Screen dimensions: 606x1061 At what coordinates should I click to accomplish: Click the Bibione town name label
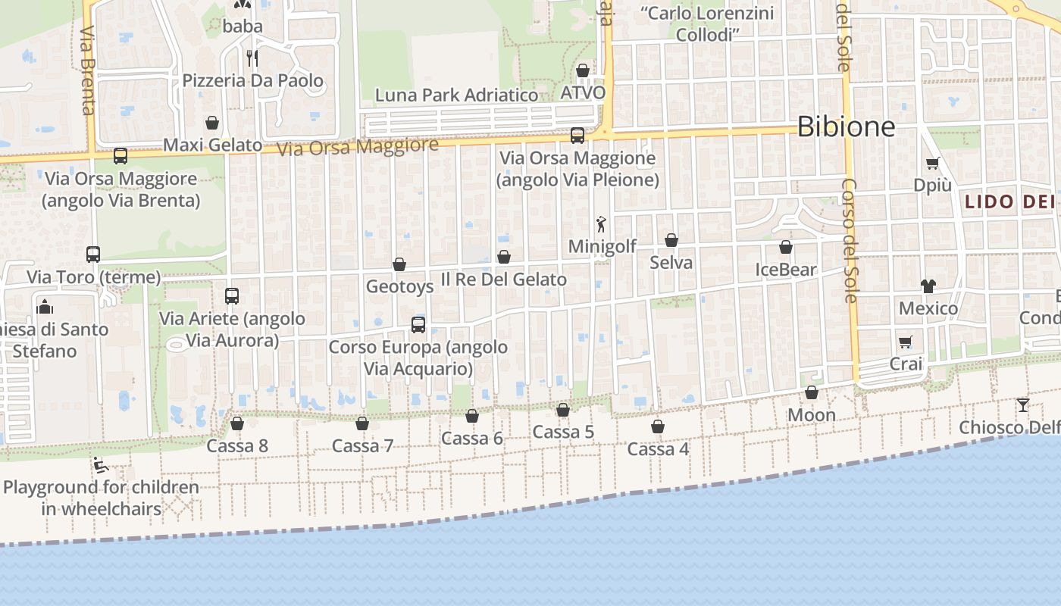point(847,127)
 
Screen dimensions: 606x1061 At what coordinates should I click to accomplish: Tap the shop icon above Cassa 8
point(237,423)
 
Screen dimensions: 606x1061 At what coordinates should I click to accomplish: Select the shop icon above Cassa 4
point(658,427)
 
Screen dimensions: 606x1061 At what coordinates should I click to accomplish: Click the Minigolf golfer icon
point(602,224)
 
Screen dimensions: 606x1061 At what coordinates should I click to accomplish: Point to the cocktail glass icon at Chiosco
point(1023,405)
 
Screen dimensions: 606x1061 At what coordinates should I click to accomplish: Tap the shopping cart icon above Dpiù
point(932,164)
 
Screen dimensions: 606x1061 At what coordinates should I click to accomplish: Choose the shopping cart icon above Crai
point(905,342)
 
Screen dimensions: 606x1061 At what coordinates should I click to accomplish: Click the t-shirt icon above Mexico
point(928,286)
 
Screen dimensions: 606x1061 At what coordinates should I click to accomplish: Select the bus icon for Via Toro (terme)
point(93,255)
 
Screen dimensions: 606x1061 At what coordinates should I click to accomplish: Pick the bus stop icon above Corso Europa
point(418,325)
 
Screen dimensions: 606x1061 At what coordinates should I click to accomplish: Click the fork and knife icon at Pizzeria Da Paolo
point(252,58)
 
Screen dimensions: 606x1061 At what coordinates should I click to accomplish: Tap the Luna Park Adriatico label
point(457,95)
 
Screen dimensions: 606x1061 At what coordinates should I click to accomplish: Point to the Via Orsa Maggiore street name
point(358,146)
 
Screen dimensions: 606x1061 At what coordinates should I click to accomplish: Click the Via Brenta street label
point(87,72)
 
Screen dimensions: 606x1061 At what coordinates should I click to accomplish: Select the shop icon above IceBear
point(786,248)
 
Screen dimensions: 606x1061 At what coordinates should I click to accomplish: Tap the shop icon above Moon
point(812,393)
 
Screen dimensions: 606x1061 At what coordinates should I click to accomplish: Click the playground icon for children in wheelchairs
point(99,464)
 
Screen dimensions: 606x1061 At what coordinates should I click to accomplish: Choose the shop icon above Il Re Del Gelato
point(504,258)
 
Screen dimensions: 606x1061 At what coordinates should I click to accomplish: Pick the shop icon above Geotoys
point(399,264)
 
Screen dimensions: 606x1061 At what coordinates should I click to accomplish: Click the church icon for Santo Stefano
point(45,307)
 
